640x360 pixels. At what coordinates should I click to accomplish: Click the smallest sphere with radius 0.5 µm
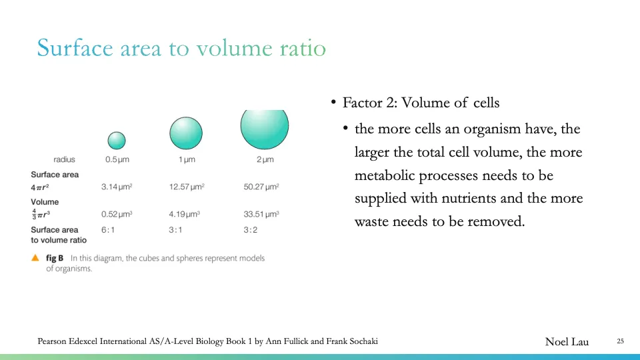117,140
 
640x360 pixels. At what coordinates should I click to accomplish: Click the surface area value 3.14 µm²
116,187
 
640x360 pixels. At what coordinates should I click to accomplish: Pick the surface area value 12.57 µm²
187,187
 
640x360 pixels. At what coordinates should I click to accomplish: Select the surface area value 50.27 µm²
261,187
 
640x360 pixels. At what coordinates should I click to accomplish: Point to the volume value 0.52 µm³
116,214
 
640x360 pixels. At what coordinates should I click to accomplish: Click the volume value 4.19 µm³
185,214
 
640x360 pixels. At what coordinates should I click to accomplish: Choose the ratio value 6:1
108,229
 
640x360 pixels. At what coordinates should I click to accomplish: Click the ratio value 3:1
176,229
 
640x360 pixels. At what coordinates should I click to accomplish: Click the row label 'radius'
64,159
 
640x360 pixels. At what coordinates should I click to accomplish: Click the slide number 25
620,341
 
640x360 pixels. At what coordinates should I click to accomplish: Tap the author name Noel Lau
567,341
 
